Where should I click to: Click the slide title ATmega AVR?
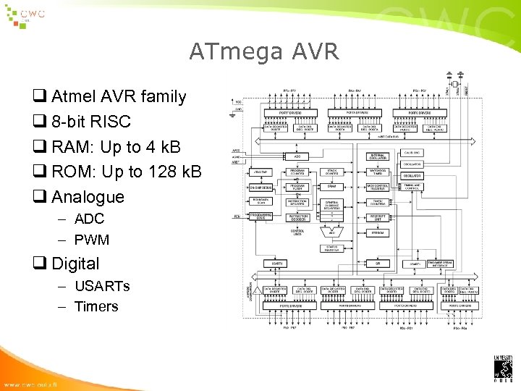(263, 51)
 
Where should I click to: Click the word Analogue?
(88, 197)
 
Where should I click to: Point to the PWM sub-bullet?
(91, 239)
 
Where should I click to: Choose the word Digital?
(75, 264)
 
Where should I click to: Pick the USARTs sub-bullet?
(102, 286)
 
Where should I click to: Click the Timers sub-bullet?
(96, 306)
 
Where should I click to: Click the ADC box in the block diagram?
(297, 156)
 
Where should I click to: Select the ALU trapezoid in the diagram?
(331, 232)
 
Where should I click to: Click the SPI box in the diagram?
(378, 264)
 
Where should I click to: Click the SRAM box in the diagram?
(331, 186)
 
